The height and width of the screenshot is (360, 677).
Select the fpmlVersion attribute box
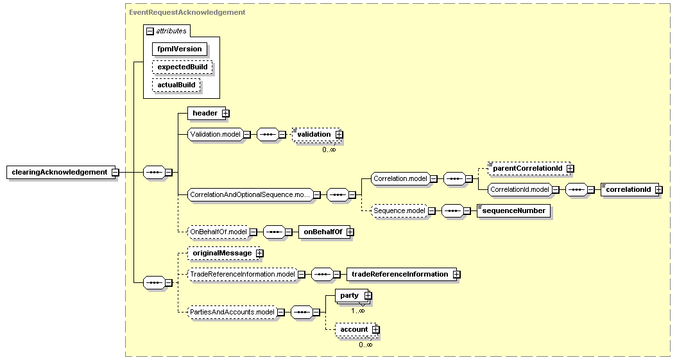[179, 49]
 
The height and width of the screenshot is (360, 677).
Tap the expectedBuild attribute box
[182, 67]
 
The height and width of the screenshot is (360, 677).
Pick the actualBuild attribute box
[176, 85]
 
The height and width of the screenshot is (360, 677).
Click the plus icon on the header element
[225, 114]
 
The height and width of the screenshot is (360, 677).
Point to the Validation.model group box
[215, 134]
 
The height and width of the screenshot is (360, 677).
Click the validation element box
[318, 134]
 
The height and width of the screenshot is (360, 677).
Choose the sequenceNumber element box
[514, 211]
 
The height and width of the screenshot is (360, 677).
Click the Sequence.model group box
[399, 210]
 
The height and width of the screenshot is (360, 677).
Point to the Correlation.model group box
[400, 178]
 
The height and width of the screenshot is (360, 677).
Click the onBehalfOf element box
[326, 232]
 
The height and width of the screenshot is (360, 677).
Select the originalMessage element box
[225, 253]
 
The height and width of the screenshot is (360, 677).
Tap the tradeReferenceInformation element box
[403, 275]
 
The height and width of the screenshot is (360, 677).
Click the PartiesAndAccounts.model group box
[232, 312]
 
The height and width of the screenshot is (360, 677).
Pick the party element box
[352, 296]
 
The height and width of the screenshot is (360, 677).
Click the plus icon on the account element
[376, 330]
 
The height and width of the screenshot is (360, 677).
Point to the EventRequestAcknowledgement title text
[187, 13]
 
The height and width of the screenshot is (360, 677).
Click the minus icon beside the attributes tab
[150, 31]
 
